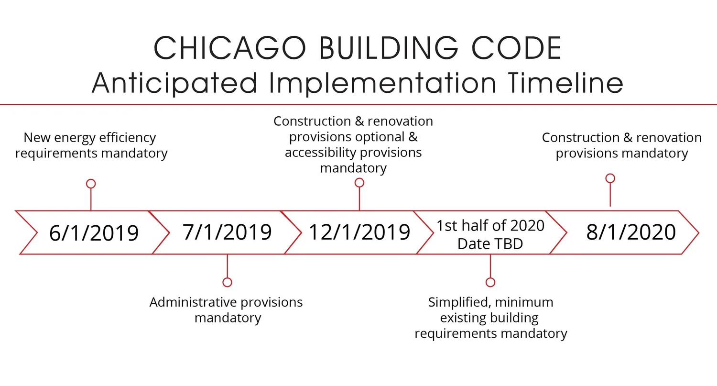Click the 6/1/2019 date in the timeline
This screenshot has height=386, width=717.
coord(94,233)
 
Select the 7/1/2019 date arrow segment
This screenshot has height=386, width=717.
coord(227,232)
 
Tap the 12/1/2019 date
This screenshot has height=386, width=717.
coord(359,232)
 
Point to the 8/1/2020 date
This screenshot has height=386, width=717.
coord(631,232)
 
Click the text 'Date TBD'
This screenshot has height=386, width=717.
coord(490,243)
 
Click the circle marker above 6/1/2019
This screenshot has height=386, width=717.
coord(91,184)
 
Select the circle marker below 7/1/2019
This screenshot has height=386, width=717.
coord(228,282)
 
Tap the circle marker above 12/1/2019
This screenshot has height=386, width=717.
coord(359,182)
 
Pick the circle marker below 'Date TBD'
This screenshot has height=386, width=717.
coord(490,282)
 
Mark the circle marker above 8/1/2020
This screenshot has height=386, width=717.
coord(610,178)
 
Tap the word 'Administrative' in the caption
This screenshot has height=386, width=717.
coord(193,302)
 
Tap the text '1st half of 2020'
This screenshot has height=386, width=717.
coord(490,226)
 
